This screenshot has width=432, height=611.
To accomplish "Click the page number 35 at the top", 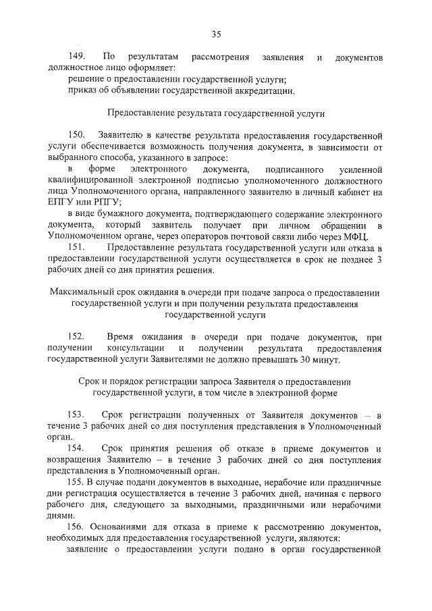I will point(216,34).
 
